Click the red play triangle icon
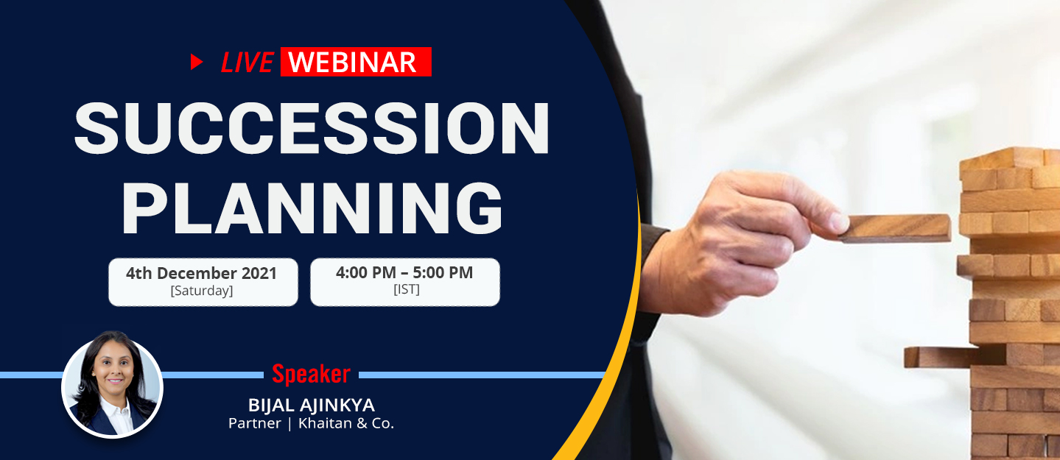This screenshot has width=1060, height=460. [x=197, y=62]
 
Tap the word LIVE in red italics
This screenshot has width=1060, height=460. [x=247, y=63]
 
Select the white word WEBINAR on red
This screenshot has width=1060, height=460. [x=352, y=63]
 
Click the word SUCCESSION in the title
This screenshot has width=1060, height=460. [x=312, y=128]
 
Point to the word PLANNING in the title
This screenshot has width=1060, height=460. [x=312, y=208]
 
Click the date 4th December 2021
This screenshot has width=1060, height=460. [x=201, y=273]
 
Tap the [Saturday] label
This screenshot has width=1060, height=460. [x=202, y=290]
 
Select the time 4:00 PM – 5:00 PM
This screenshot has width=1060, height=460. [x=404, y=272]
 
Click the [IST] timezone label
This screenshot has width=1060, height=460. [x=407, y=289]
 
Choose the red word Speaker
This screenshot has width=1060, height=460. [x=311, y=374]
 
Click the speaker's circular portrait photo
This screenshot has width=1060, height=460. [x=112, y=385]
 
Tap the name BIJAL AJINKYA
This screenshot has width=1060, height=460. [x=312, y=405]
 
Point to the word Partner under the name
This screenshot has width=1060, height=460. [x=255, y=423]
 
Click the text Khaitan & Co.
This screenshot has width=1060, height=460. [x=346, y=423]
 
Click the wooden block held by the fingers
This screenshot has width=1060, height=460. [x=896, y=228]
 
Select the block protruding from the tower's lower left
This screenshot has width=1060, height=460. [x=953, y=356]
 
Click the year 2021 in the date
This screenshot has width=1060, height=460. [x=259, y=273]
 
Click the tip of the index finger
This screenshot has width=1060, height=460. [x=840, y=222]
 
